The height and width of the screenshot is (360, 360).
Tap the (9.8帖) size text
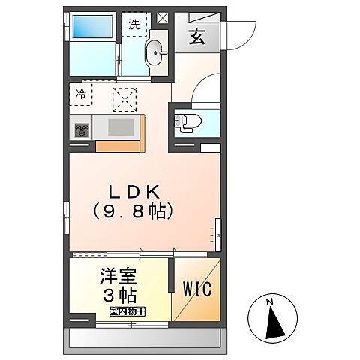click(136, 211)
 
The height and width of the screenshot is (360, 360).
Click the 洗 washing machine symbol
click(134, 24)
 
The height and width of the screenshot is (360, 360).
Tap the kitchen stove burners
click(81, 130)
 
